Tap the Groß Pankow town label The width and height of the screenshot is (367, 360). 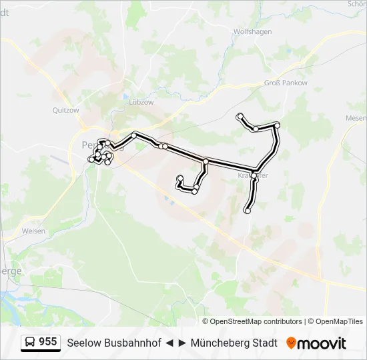[286, 83]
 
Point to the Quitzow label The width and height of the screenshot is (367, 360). [65, 111]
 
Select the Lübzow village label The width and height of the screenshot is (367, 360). [141, 103]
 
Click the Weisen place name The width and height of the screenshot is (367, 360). [33, 231]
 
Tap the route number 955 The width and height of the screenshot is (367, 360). [48, 342]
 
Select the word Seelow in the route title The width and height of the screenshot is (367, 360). [83, 343]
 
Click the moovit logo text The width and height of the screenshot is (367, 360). [322, 343]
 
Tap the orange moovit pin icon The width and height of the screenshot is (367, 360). [291, 343]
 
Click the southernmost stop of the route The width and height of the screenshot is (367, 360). [248, 211]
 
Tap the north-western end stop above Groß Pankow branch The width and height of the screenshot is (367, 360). [240, 117]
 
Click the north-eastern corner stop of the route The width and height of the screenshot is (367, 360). [278, 125]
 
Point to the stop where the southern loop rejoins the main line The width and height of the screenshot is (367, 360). [206, 161]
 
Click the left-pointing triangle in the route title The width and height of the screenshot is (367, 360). [169, 343]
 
